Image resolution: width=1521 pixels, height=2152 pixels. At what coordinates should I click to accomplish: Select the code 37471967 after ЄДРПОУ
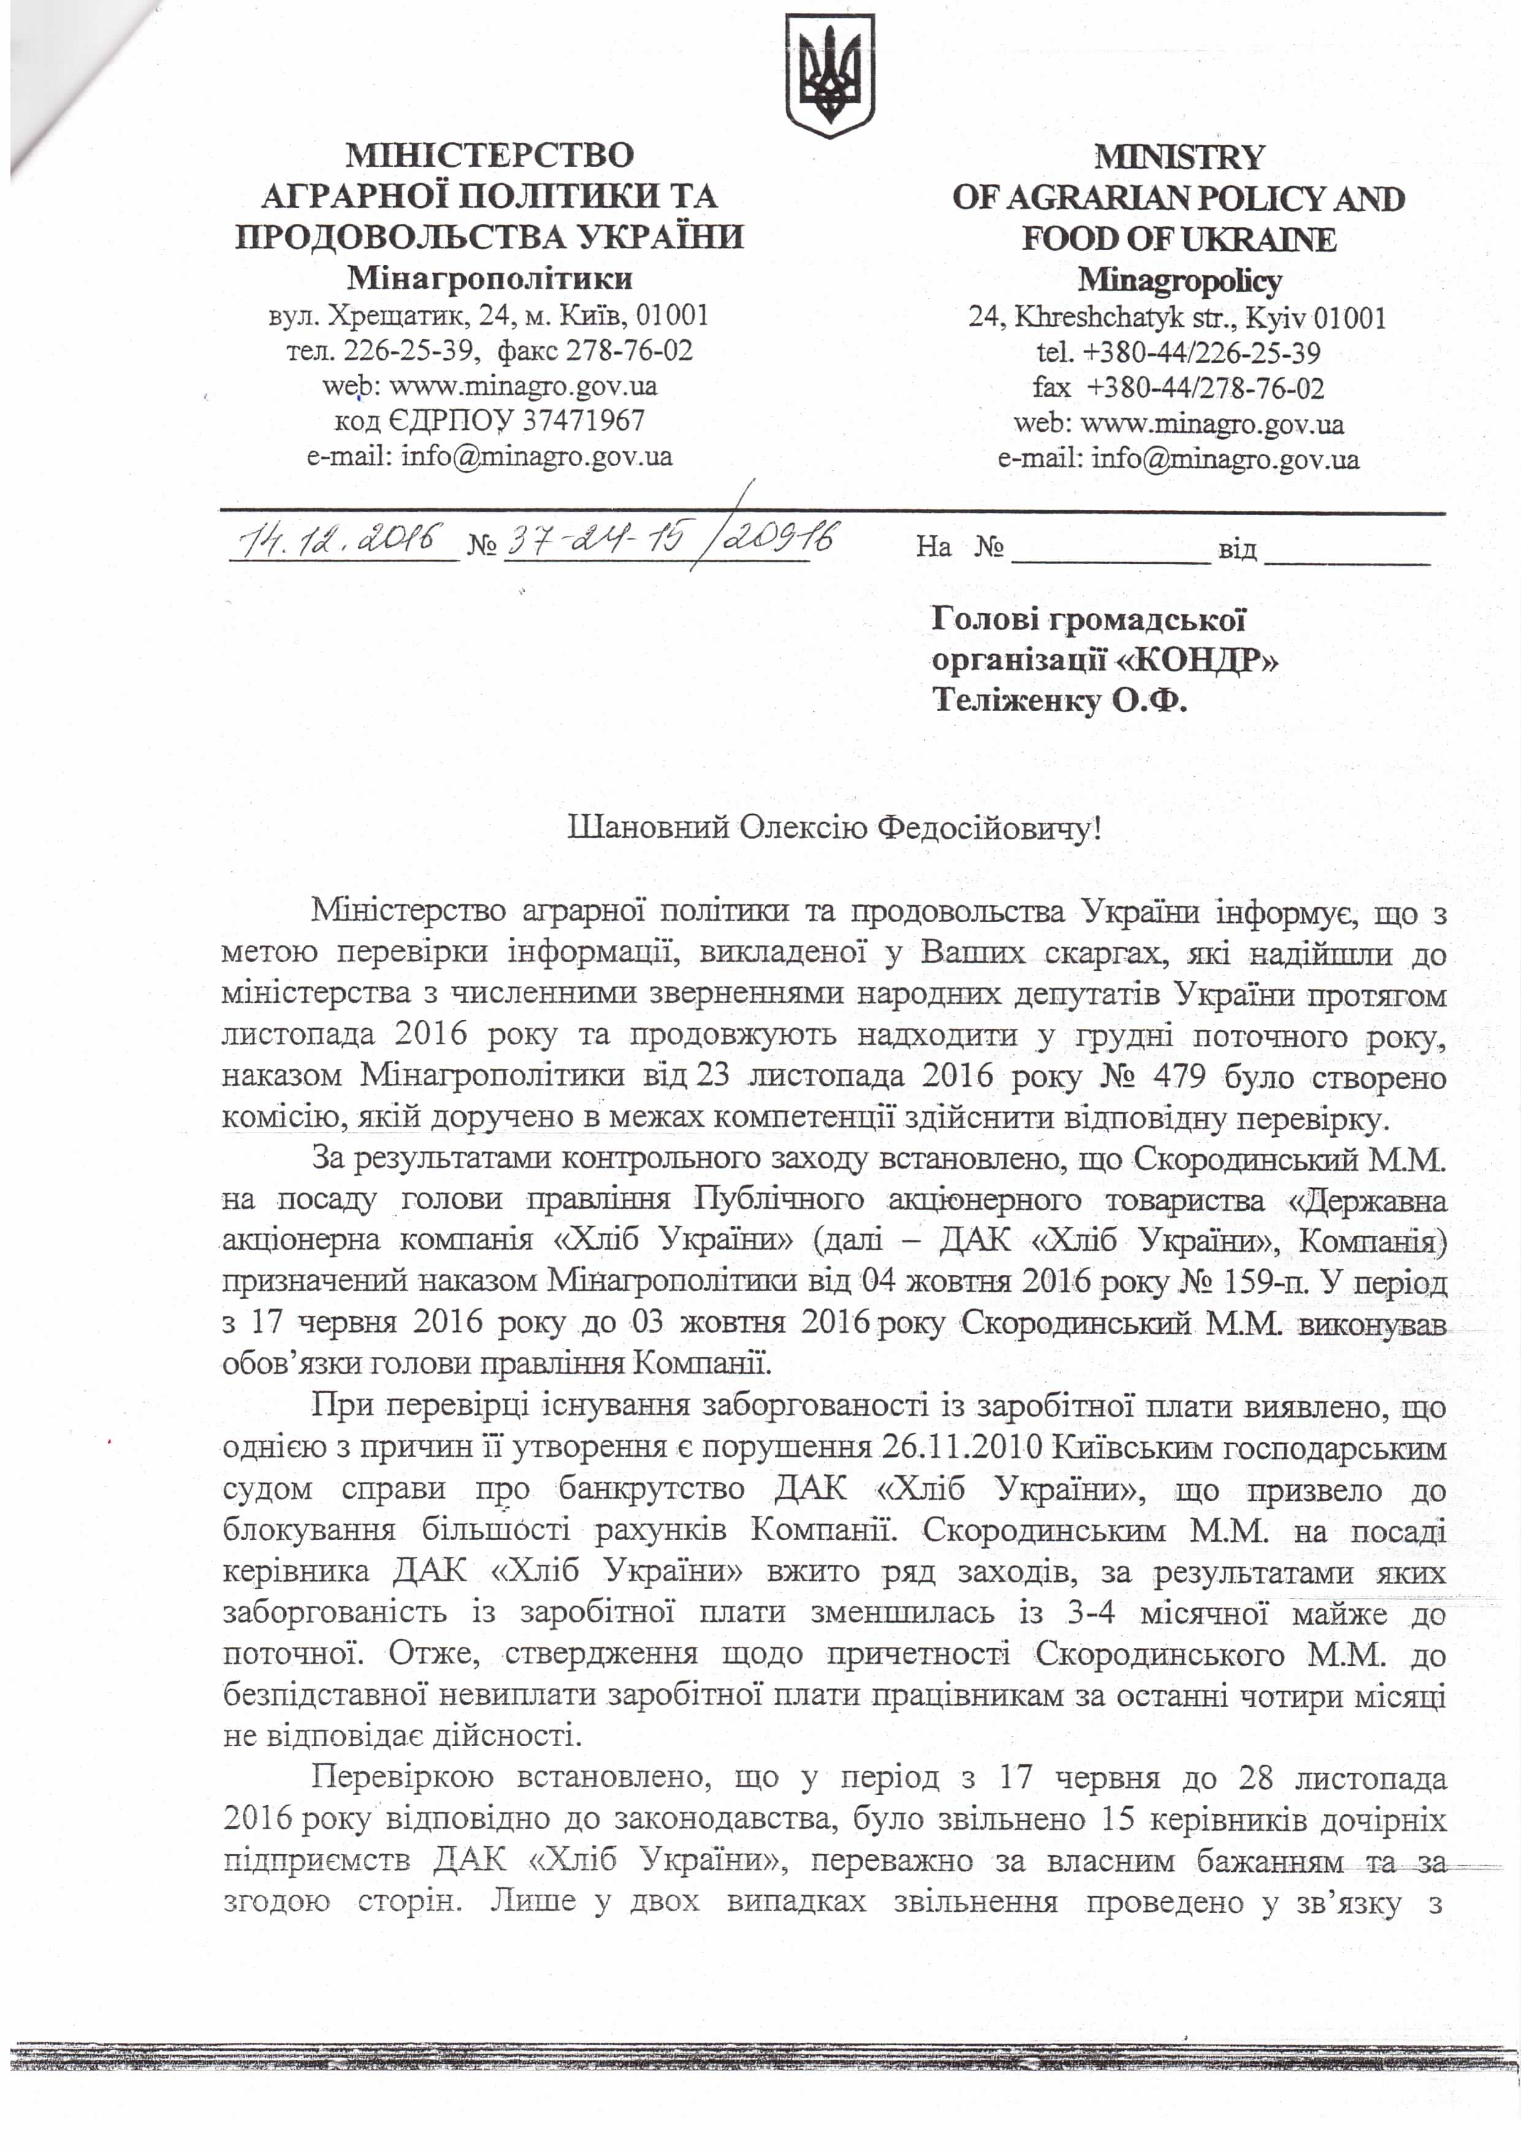pyautogui.click(x=583, y=420)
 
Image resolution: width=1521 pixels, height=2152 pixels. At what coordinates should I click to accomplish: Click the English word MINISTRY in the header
pyautogui.click(x=1179, y=156)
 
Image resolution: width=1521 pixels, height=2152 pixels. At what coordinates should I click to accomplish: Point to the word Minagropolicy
pyautogui.click(x=1179, y=280)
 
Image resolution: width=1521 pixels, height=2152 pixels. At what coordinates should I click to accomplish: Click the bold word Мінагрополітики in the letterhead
pyautogui.click(x=489, y=278)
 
